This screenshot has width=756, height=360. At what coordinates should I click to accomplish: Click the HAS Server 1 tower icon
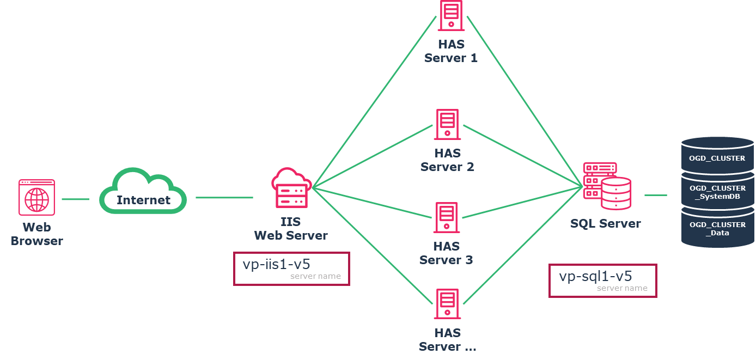(x=451, y=15)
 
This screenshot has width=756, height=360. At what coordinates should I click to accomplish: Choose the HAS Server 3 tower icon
(x=446, y=218)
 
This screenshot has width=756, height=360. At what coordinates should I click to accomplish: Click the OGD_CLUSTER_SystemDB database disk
(x=717, y=192)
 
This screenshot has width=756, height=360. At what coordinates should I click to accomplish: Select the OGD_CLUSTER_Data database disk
(x=717, y=229)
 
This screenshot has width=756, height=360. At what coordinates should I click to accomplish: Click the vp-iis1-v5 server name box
(x=291, y=269)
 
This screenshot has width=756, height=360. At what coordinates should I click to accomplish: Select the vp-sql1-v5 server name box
(x=602, y=280)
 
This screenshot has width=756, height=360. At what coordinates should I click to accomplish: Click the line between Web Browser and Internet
(x=75, y=199)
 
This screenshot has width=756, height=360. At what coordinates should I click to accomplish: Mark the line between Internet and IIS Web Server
(x=224, y=198)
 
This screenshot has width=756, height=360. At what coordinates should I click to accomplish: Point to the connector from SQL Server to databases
(x=656, y=195)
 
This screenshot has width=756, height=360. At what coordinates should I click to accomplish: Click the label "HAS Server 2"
(x=447, y=160)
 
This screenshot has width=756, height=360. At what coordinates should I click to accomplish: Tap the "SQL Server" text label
(x=605, y=223)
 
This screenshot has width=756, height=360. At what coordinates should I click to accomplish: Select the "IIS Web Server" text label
(x=291, y=229)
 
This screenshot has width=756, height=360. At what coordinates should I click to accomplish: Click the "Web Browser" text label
(x=36, y=234)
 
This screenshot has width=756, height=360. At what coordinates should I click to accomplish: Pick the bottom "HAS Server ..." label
(x=447, y=340)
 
